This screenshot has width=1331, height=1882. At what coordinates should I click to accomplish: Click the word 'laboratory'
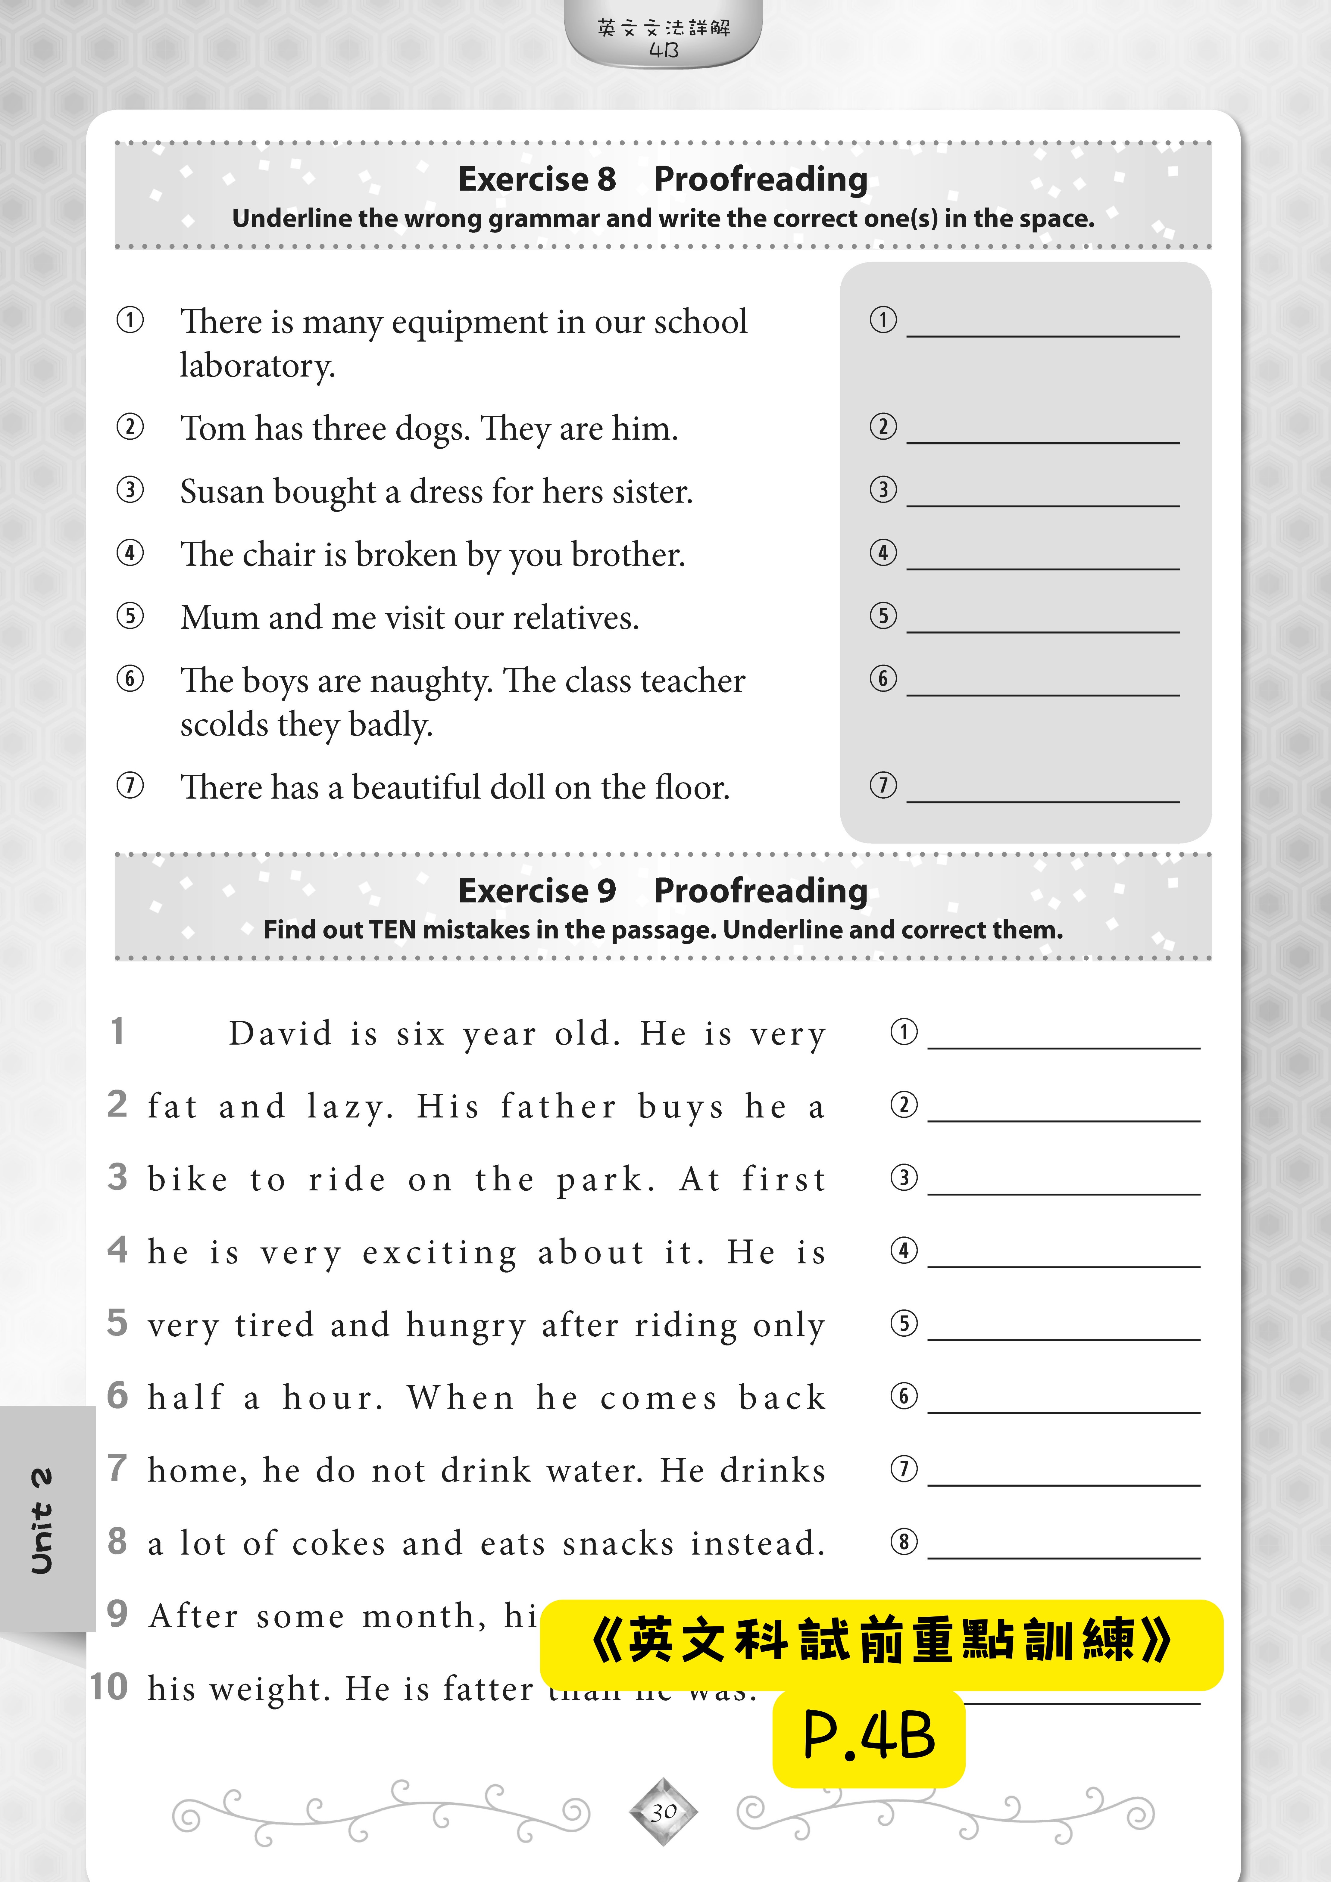[x=257, y=366]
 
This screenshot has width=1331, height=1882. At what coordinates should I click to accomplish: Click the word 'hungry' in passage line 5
[x=466, y=1326]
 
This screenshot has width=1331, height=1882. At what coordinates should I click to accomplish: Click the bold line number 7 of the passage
[x=117, y=1468]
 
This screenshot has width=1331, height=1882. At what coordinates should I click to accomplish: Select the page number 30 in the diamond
[x=664, y=1812]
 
